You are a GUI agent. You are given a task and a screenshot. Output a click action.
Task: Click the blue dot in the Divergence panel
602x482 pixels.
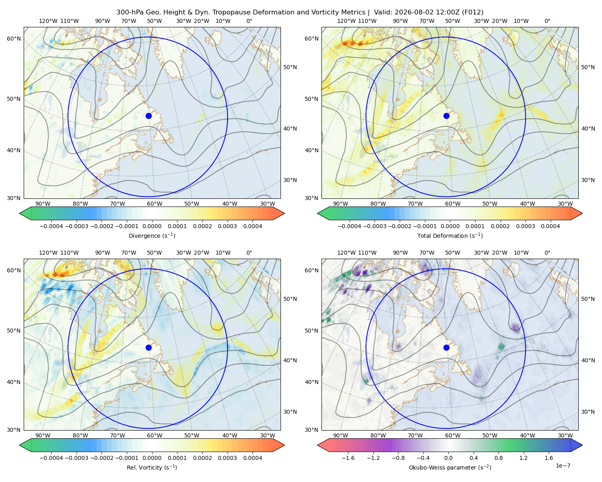pos(148,116)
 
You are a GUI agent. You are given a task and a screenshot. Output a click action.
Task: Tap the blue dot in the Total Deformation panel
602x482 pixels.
pos(446,116)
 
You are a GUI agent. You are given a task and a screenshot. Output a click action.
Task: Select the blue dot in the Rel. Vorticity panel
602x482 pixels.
pos(148,347)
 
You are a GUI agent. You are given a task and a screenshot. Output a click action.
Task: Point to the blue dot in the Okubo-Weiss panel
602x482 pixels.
pos(446,347)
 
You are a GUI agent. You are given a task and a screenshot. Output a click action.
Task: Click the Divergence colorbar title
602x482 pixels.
pos(152,235)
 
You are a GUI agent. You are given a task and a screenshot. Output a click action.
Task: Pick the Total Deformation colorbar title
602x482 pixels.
pos(450,235)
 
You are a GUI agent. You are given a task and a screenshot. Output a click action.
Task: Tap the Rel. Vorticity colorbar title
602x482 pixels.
pos(152,468)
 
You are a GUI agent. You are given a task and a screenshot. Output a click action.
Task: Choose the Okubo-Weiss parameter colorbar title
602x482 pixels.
pos(450,468)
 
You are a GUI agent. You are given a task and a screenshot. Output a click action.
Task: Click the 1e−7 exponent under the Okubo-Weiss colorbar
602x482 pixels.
pos(563,466)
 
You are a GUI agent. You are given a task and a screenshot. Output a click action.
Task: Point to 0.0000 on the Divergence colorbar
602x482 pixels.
pos(152,226)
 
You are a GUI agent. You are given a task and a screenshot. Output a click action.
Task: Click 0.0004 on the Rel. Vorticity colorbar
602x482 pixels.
pos(252,458)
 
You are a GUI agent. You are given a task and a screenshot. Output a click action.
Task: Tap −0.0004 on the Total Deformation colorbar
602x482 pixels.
pos(350,226)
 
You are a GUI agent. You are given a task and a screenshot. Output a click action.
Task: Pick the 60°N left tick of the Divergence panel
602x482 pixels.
pos(14,39)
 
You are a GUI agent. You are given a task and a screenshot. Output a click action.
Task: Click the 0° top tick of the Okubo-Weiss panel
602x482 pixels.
pos(547,253)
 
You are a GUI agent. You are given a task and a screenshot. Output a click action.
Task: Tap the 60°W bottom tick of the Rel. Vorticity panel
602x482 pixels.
pos(155,435)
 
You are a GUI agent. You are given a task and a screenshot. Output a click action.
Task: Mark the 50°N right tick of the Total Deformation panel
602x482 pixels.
pos(588,67)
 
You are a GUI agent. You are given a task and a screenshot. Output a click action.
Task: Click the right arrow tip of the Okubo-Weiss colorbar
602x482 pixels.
pos(582,445)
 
